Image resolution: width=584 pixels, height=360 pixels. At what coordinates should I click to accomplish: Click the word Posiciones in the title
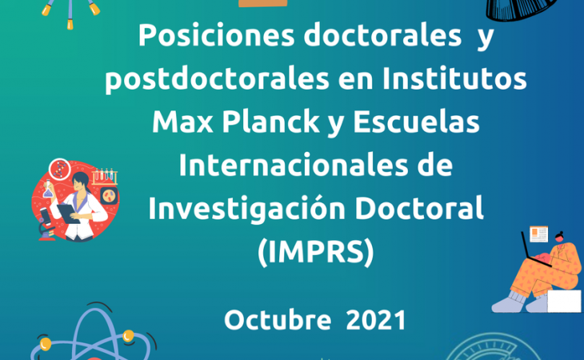pos(216,36)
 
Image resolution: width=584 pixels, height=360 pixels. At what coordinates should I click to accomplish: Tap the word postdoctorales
pos(217,80)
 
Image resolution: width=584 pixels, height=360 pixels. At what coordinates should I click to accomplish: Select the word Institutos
pos(454,78)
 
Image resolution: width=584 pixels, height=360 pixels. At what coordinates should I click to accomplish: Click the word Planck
pos(270,122)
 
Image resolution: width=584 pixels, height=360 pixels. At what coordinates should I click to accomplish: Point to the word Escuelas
pos(416,122)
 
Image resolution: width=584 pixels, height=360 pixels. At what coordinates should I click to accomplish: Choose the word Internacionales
pos(293,165)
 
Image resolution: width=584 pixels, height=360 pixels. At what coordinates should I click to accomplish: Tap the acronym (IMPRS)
pos(315,253)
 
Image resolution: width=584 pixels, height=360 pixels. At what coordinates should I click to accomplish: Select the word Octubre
pos(278,320)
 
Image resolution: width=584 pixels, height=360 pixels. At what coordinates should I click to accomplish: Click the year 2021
pos(376,320)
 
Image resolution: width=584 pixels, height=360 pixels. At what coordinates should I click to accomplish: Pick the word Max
pos(182,122)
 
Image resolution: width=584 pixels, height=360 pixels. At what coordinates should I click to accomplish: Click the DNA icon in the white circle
pos(59,169)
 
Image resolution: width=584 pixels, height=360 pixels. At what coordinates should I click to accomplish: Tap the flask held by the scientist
pos(48,189)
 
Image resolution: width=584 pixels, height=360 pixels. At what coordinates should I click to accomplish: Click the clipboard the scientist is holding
pos(68,214)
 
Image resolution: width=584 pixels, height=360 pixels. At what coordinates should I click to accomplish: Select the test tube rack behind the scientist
pos(105,177)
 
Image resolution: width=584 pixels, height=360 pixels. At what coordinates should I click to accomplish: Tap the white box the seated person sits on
pos(564,301)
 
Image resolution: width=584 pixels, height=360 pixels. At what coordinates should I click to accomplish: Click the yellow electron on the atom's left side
pos(46,343)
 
